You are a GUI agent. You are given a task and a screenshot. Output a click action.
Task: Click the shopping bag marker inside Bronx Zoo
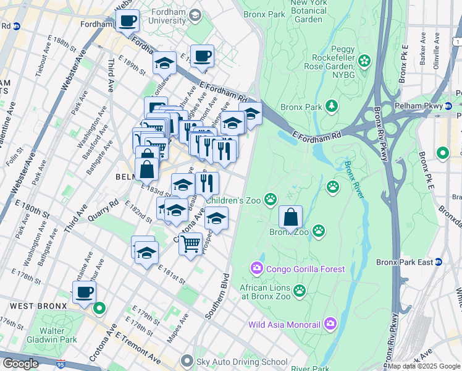290,218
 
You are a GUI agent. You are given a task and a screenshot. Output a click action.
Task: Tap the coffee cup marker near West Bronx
84,292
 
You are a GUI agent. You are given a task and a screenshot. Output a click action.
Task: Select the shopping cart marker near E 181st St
191,242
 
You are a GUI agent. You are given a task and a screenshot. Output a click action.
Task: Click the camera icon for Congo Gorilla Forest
256,268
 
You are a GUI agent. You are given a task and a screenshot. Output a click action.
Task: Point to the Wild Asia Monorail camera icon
330,324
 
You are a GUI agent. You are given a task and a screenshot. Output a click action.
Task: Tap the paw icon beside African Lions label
300,291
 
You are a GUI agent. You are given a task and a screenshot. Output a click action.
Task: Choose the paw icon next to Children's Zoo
270,199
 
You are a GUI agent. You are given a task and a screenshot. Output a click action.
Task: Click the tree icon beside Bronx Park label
332,106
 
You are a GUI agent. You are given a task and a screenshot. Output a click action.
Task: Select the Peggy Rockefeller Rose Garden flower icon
364,61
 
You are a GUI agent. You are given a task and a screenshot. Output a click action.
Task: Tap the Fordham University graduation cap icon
195,15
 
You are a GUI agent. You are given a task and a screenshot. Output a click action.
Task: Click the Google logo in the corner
20,364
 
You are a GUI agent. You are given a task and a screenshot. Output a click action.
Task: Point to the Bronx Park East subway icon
439,262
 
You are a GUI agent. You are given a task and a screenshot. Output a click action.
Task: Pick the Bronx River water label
355,177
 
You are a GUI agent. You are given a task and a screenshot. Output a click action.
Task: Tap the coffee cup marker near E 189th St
202,56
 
